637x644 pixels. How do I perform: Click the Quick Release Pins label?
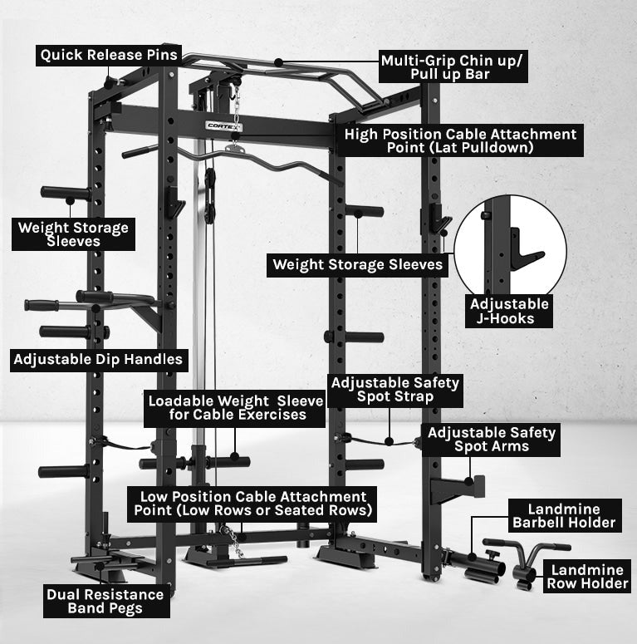coord(108,55)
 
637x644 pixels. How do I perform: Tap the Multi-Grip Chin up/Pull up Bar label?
coord(453,66)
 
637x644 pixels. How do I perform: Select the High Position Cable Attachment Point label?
coord(460,140)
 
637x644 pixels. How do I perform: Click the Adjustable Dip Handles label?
coord(98,361)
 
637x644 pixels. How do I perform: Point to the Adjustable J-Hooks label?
coord(509,311)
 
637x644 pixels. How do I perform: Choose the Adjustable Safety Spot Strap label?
coord(394,390)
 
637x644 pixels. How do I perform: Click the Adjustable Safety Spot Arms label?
coord(491,440)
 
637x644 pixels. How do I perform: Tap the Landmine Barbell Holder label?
coord(564,515)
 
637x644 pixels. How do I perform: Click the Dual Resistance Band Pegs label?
coord(105,602)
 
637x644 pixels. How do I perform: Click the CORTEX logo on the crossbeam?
coord(223,126)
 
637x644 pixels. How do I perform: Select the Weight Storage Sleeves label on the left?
coord(73,234)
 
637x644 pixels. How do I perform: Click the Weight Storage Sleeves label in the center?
coord(358,265)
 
